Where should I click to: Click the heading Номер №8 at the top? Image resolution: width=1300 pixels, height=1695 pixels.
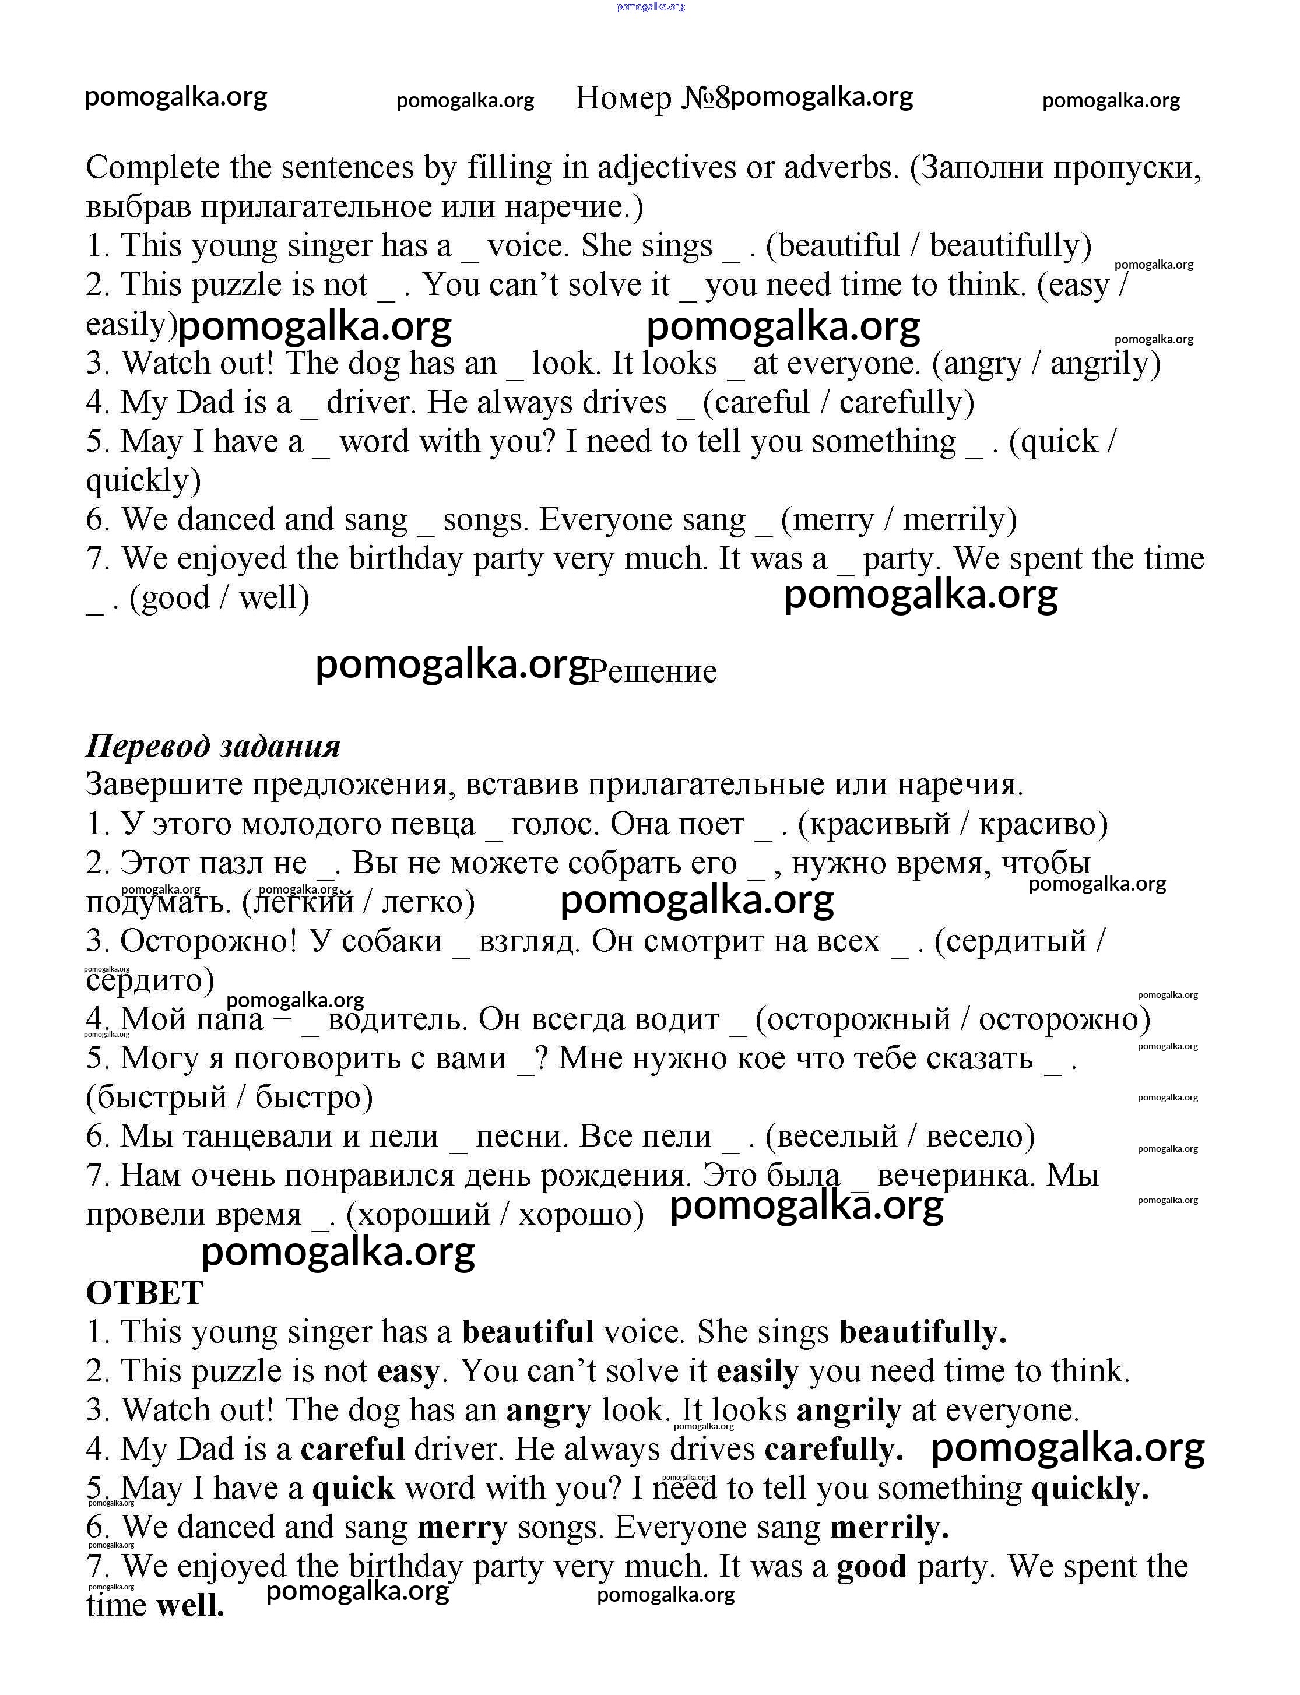pos(652,99)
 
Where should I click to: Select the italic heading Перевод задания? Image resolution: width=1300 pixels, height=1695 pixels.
pos(213,745)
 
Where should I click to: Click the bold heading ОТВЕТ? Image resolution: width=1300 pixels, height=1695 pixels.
pos(144,1293)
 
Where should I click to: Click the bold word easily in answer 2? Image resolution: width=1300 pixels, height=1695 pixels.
pos(758,1372)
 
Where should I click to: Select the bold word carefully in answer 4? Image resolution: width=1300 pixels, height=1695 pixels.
pos(834,1449)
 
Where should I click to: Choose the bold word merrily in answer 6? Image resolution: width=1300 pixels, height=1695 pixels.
pos(889,1527)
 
